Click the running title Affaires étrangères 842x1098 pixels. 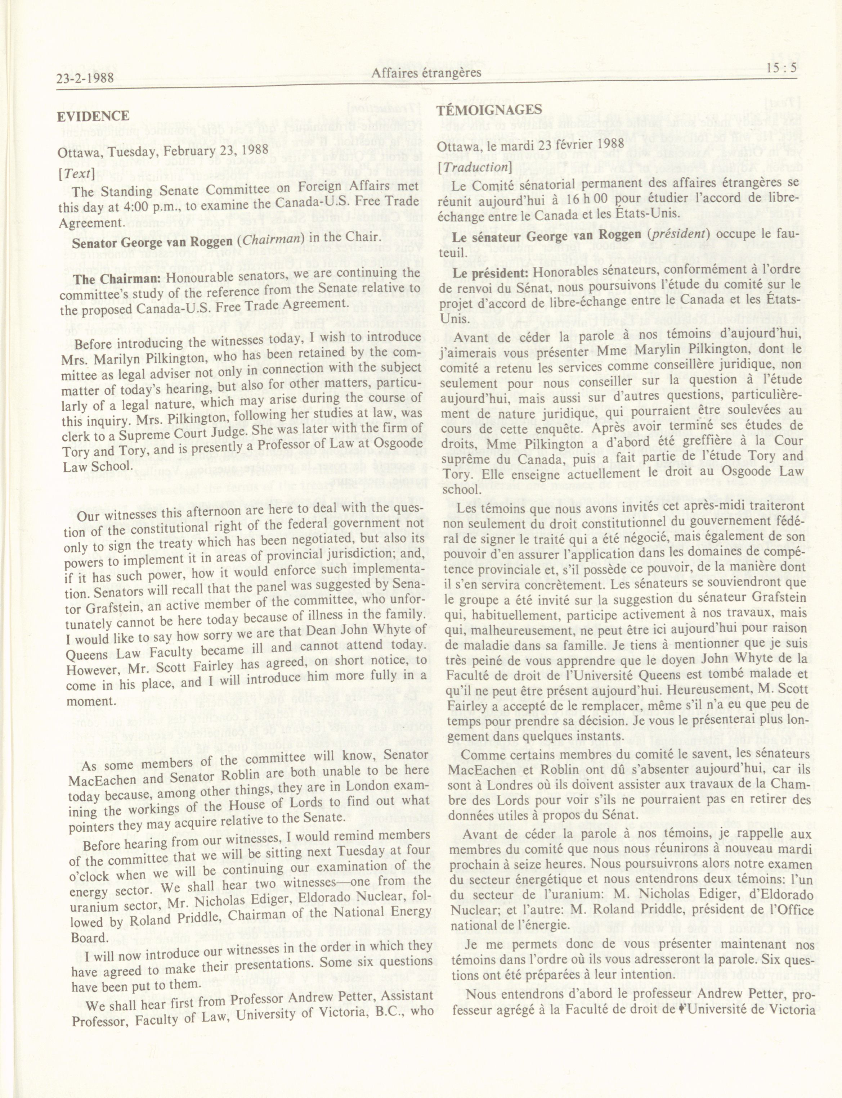(426, 73)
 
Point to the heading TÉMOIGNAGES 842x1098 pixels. (489, 110)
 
